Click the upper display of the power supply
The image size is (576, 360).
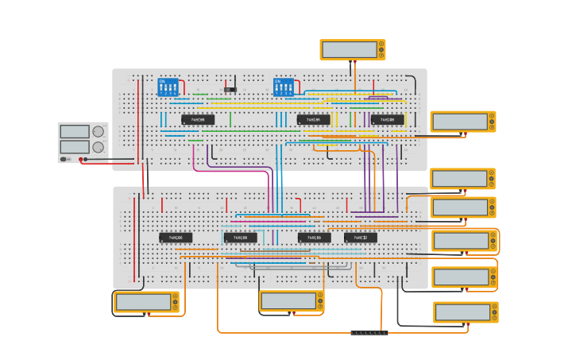click(75, 131)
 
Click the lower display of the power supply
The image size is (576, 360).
click(75, 147)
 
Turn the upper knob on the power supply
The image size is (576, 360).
click(99, 131)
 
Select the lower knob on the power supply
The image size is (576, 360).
click(99, 147)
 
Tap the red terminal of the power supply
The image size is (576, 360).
click(80, 159)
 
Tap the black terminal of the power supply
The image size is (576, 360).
click(87, 159)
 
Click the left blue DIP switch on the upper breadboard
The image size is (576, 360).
click(168, 87)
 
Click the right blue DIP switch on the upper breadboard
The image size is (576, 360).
click(284, 87)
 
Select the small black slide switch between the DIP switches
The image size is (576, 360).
click(230, 89)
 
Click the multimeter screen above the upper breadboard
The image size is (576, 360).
click(350, 49)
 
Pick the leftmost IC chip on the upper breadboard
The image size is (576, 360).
click(198, 120)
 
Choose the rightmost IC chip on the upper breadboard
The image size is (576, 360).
click(388, 120)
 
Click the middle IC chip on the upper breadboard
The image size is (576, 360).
click(314, 120)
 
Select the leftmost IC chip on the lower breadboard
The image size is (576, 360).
click(176, 238)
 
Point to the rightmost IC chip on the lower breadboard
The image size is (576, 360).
click(361, 238)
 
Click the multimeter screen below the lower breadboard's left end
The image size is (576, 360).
click(144, 302)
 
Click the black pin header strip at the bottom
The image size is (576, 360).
click(369, 332)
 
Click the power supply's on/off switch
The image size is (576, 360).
click(64, 159)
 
